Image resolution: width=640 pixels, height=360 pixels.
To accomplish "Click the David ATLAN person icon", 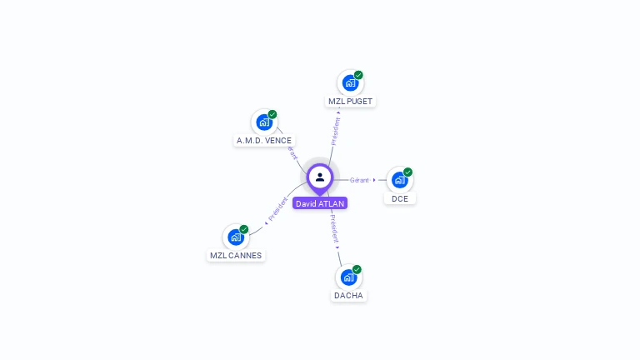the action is click(320, 177).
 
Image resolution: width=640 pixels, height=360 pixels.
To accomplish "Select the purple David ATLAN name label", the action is click(320, 203).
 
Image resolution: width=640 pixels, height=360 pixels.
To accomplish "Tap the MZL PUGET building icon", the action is click(350, 82).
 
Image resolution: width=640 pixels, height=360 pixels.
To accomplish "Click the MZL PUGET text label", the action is click(350, 101).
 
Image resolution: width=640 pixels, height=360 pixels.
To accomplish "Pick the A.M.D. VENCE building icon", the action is click(264, 122).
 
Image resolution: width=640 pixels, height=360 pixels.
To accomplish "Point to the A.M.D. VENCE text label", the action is click(264, 141).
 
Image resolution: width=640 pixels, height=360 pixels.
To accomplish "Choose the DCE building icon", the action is click(400, 179).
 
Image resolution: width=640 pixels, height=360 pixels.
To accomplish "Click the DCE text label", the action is click(400, 198).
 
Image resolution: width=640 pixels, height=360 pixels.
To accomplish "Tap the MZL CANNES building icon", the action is click(236, 237).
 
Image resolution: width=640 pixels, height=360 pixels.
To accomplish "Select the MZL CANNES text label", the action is click(236, 256).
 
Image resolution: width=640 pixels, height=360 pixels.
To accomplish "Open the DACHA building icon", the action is click(349, 277).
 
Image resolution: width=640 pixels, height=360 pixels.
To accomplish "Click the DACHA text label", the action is click(349, 296).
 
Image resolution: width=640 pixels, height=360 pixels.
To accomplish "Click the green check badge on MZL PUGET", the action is click(358, 75).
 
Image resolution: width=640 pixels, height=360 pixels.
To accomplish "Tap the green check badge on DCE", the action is click(407, 172).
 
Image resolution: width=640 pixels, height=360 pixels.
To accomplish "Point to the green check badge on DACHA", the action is click(357, 269).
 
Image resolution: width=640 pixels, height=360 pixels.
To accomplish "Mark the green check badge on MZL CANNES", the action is click(244, 229).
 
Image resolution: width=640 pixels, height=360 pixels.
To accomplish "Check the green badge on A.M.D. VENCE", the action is click(272, 114).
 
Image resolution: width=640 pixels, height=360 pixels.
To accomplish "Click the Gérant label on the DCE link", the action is click(360, 180).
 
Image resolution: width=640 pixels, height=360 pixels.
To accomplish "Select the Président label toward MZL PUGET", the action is click(336, 131).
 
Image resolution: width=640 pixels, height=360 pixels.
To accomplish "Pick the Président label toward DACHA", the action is click(333, 227).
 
